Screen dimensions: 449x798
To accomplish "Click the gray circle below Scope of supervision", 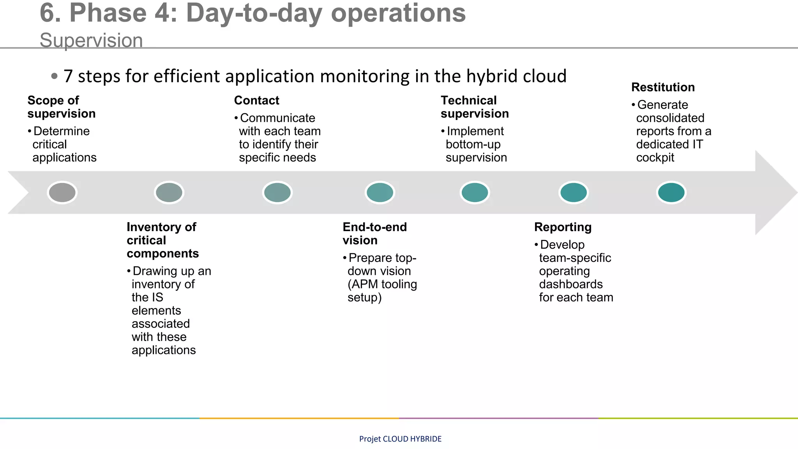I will [62, 193].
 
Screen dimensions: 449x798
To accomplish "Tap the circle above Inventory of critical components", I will [169, 193].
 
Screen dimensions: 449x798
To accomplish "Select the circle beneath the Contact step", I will [277, 193].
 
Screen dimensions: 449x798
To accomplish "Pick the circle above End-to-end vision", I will [380, 193].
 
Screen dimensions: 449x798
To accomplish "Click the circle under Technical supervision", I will [475, 193].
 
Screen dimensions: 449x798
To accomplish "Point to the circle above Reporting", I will [573, 193].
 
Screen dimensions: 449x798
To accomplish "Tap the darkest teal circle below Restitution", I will [671, 193].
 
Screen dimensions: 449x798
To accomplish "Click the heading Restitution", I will [663, 87].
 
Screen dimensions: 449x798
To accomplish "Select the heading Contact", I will [256, 101].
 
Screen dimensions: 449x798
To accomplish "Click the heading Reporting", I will [563, 227].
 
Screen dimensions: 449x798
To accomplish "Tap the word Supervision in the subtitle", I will [91, 41].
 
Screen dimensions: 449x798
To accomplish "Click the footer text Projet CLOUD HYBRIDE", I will [400, 439].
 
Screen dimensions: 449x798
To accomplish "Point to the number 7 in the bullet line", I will [68, 76].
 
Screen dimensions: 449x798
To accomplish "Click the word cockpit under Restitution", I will [655, 158].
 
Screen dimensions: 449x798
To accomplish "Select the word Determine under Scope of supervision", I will [62, 131].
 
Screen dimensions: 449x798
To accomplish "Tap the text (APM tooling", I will [382, 285].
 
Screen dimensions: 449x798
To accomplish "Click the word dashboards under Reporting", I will [571, 285].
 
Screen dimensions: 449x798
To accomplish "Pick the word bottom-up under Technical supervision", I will [473, 145].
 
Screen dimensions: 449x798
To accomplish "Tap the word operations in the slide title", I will [398, 13].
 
